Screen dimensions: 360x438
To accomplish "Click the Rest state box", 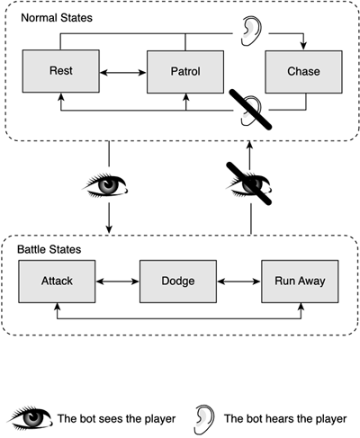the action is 61,71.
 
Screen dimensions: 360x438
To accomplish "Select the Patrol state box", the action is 185,72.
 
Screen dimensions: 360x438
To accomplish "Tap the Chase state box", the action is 303,72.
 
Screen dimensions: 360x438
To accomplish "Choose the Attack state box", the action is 57,282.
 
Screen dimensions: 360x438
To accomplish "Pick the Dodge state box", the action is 178,282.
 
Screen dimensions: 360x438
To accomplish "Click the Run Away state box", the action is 300,282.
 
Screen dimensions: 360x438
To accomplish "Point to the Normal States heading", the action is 57,18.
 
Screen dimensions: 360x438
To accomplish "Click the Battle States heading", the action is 49,249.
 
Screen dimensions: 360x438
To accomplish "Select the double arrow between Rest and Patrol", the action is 123,72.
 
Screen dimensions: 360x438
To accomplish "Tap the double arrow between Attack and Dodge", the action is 118,282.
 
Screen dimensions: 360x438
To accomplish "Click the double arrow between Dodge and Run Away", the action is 239,282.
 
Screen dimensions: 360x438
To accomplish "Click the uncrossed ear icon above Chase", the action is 251,31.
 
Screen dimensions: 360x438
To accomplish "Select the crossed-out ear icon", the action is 251,110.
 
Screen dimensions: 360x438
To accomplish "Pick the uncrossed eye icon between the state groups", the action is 105,185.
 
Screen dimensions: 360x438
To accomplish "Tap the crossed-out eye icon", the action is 249,184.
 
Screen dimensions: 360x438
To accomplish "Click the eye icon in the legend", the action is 30,418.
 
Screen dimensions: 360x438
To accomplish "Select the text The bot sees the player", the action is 116,419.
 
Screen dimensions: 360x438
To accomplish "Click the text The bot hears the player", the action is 285,419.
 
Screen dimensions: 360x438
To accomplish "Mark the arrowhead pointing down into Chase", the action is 303,46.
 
